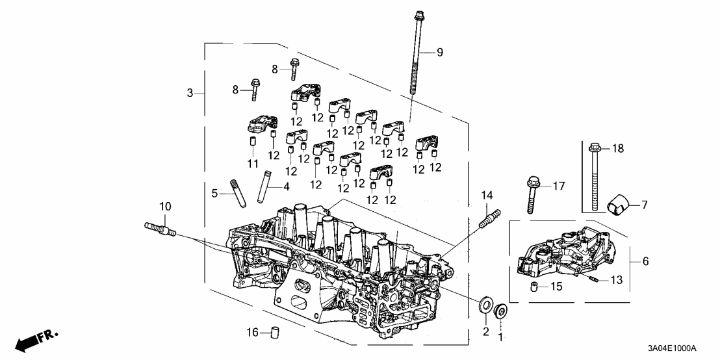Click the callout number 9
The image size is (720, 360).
(439, 53)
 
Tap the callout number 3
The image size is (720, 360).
(190, 94)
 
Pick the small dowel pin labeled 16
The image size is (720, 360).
(274, 333)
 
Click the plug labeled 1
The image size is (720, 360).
(502, 313)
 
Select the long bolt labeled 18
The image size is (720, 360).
(593, 179)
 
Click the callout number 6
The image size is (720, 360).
(645, 261)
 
